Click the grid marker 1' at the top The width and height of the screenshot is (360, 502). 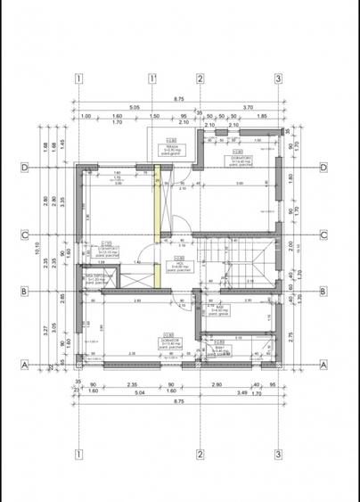152,78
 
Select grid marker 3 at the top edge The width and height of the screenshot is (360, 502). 279,78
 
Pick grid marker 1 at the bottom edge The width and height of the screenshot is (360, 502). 78,451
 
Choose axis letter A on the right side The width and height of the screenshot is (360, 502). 324,365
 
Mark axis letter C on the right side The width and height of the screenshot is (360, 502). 324,235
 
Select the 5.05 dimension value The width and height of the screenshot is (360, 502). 134,107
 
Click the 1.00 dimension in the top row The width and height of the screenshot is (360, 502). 86,117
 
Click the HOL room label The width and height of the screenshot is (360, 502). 179,264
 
